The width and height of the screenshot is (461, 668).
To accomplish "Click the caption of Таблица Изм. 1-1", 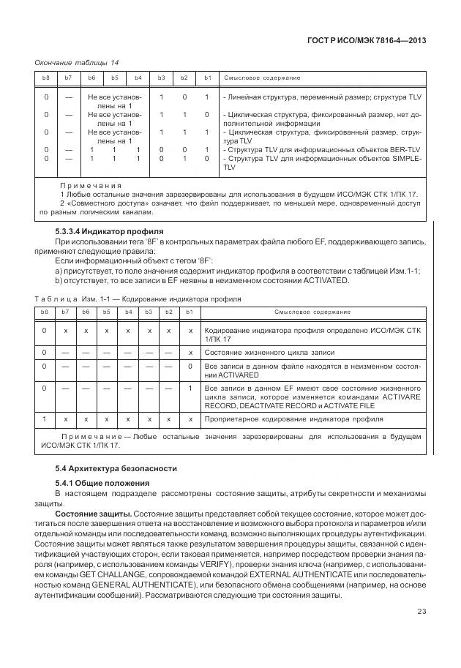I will point(138,299).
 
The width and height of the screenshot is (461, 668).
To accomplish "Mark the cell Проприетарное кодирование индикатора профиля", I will point(293,419).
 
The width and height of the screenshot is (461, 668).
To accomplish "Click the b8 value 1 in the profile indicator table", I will point(45,419).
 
